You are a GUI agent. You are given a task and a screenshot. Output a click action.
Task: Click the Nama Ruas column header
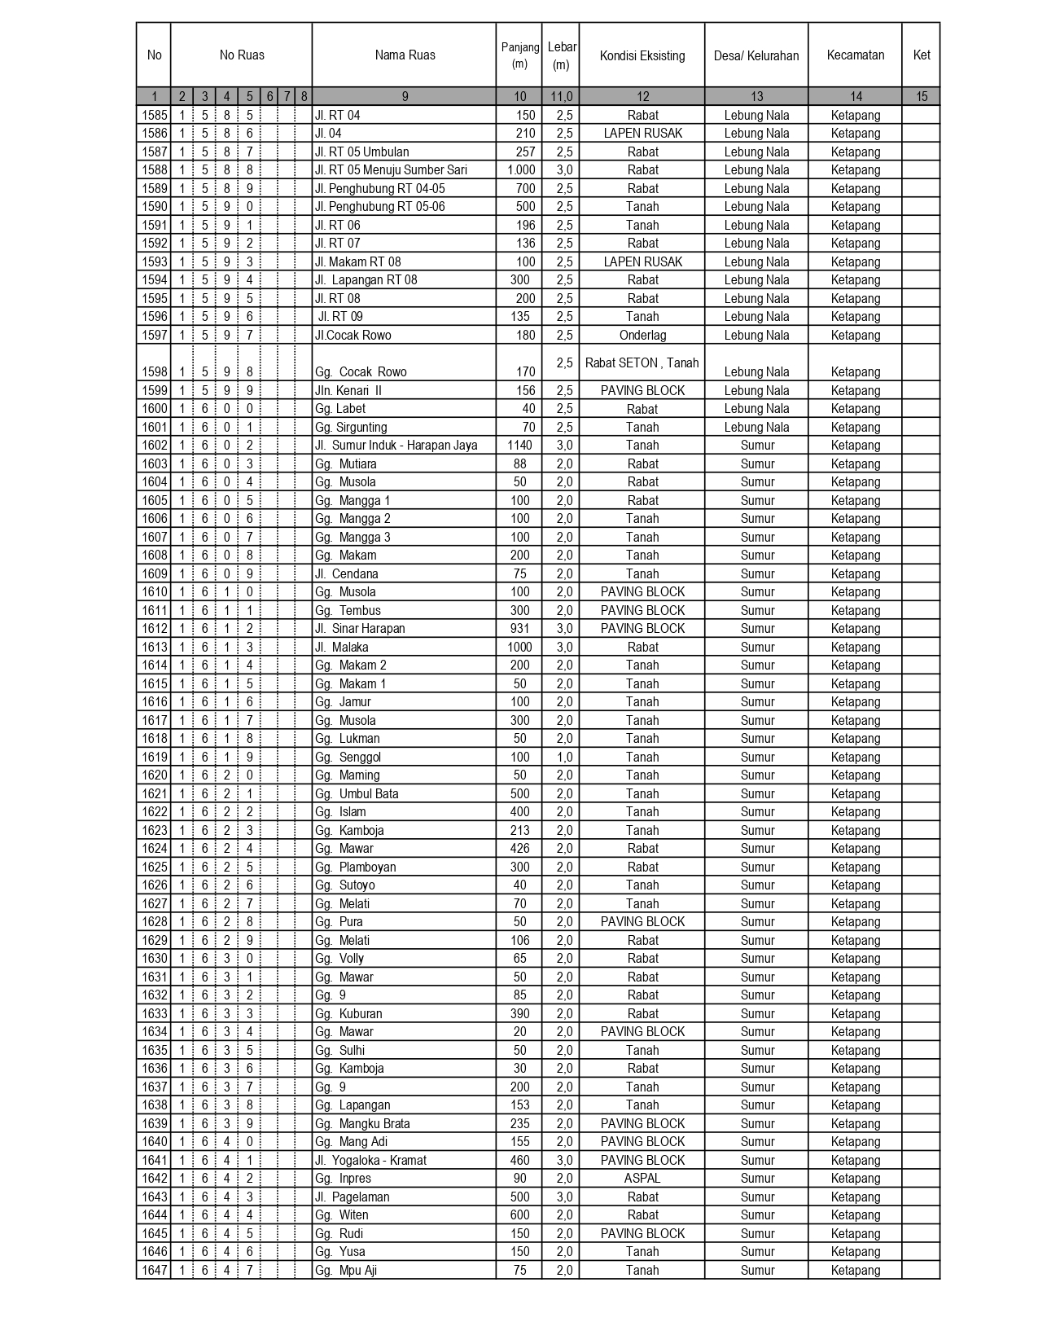[405, 55]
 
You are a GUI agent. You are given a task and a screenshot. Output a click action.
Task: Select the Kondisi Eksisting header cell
[642, 55]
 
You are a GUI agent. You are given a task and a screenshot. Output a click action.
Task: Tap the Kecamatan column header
[855, 55]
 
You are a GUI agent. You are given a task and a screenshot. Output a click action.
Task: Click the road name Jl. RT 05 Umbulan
[362, 152]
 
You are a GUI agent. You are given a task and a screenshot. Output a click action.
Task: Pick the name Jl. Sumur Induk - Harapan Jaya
[396, 446]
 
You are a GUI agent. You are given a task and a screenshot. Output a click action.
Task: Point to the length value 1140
[519, 446]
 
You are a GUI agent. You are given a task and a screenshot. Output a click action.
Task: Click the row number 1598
[154, 371]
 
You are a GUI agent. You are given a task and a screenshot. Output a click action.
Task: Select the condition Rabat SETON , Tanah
[642, 363]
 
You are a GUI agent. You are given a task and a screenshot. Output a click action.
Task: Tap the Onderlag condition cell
[642, 336]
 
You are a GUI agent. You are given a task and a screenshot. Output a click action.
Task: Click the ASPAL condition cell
[642, 1179]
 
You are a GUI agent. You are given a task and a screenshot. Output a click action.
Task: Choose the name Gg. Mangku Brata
[362, 1124]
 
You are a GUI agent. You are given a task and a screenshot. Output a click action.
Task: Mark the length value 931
[519, 629]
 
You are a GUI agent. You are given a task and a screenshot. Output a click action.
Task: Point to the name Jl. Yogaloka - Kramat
[371, 1161]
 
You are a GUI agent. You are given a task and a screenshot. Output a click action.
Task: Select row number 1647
[154, 1271]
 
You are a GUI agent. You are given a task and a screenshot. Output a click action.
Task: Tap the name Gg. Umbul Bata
[357, 794]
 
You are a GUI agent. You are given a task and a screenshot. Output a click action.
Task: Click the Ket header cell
[922, 55]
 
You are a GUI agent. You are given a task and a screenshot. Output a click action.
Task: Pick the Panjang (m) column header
[519, 55]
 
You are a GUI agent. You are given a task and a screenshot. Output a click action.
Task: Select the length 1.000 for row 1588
[521, 170]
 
